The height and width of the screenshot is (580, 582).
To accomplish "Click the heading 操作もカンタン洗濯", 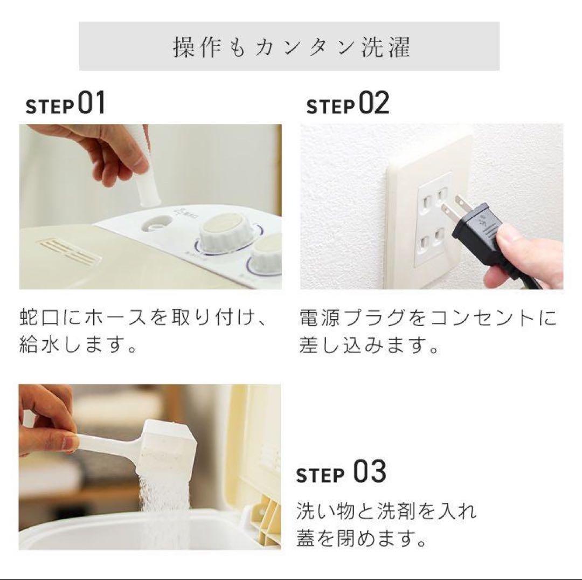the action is (x=292, y=47).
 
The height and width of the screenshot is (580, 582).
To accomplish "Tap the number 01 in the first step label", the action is (x=91, y=103).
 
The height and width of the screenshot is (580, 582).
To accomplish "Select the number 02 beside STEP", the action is (x=374, y=103).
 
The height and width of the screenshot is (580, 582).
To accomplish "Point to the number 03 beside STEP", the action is (x=369, y=471).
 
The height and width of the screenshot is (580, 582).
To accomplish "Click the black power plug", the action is (x=482, y=234).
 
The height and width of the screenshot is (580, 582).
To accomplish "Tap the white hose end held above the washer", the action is (x=147, y=167).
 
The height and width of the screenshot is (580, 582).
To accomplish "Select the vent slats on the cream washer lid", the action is (x=69, y=251).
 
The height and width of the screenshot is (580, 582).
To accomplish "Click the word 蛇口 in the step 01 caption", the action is (x=39, y=318).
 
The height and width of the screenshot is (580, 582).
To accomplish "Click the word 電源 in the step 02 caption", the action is (x=319, y=318).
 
